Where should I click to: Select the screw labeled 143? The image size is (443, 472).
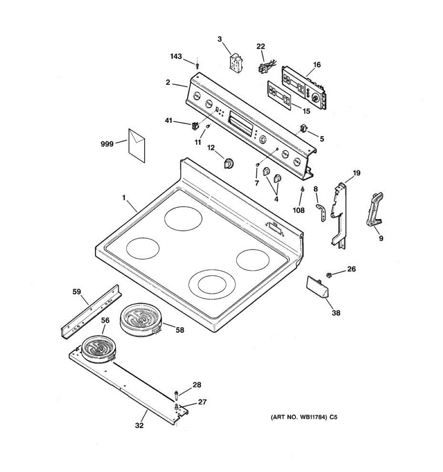tap(198, 65)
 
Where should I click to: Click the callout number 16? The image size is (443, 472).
tap(317, 65)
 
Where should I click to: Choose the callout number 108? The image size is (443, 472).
tap(298, 210)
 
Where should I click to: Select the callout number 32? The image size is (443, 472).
tap(139, 425)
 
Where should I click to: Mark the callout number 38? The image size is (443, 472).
tap(336, 313)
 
